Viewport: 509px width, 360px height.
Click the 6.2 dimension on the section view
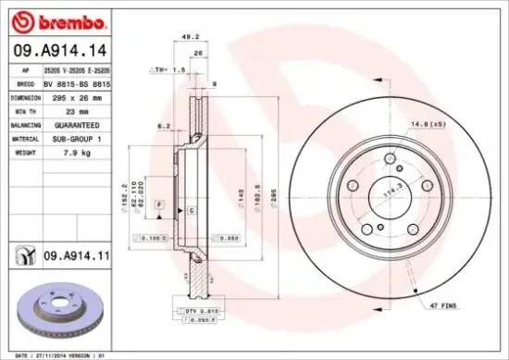tap(164, 125)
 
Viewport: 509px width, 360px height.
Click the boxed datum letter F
tap(160, 203)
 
